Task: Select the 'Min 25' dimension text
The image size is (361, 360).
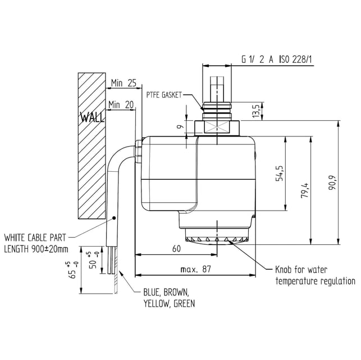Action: (124, 83)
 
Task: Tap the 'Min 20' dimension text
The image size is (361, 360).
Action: (121, 104)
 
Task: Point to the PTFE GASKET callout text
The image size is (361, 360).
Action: (164, 95)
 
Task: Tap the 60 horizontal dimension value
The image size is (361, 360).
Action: (176, 248)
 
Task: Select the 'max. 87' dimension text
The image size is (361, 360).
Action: (196, 270)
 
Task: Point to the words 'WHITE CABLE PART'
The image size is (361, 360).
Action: (38, 236)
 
